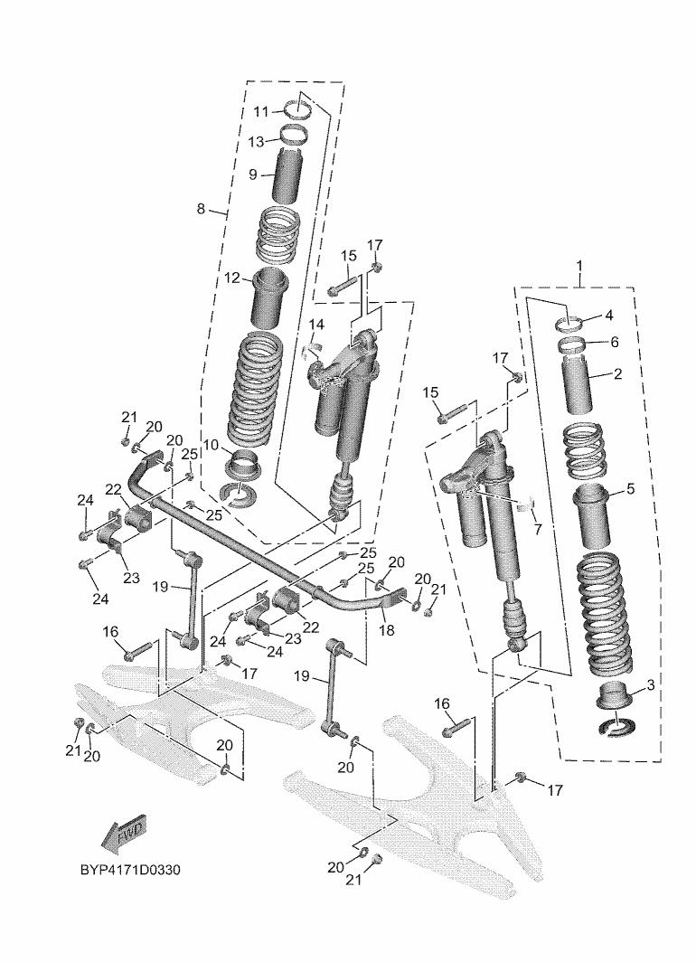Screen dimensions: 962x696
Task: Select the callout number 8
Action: [x=201, y=210]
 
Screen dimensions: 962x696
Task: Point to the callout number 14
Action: [x=316, y=324]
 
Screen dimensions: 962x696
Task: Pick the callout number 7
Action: [x=537, y=527]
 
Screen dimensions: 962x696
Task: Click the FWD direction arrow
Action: [x=124, y=835]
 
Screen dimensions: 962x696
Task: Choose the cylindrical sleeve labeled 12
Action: [x=270, y=296]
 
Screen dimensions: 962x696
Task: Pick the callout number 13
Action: [x=257, y=142]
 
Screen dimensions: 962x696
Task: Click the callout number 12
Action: [x=232, y=278]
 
